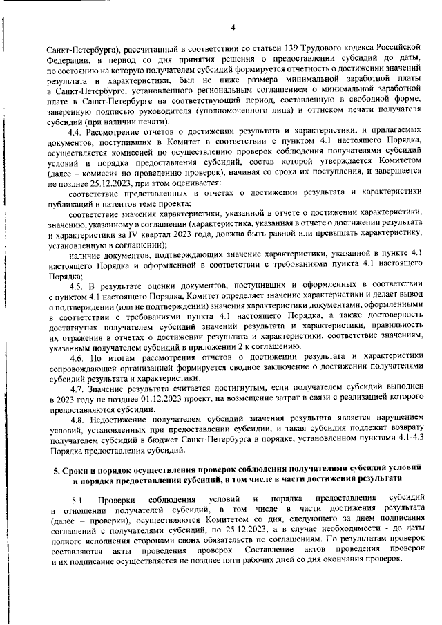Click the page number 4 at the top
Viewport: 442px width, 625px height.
click(233, 27)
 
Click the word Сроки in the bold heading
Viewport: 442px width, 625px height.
click(77, 470)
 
